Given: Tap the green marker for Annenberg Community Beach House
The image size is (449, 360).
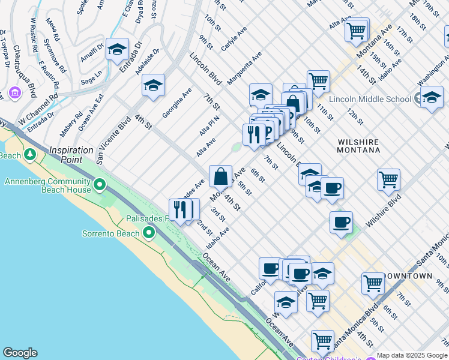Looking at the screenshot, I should point(100,184).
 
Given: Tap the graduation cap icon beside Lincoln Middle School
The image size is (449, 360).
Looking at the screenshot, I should point(432,97).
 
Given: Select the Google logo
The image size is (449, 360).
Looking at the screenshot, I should point(19,353).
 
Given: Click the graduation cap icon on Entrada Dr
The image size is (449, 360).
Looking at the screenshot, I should point(117,50).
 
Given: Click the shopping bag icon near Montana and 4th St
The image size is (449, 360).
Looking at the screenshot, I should point(221,176).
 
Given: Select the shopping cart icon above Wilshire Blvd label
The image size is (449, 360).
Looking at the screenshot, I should point(388,179).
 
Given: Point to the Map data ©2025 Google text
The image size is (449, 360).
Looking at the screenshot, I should point(411,355).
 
